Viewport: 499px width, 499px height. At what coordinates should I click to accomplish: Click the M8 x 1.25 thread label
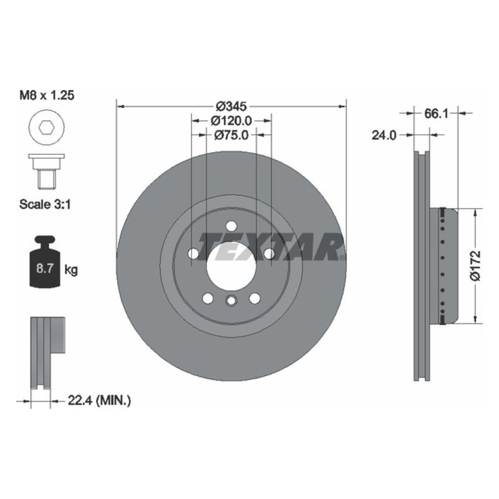(x=49, y=97)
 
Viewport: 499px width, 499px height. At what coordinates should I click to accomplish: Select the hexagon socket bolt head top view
(x=46, y=129)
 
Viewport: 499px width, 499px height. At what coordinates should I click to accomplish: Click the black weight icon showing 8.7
(x=46, y=262)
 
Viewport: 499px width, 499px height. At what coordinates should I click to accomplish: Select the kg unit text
(x=72, y=270)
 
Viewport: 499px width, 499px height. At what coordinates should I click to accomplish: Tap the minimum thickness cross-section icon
(x=46, y=352)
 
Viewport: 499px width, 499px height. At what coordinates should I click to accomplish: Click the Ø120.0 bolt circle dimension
(x=231, y=120)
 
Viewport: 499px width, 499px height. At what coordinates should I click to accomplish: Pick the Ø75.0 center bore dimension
(x=231, y=134)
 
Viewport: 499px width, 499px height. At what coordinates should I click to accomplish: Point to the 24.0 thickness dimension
(x=384, y=134)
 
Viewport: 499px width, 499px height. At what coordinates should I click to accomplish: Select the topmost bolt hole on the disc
(x=231, y=226)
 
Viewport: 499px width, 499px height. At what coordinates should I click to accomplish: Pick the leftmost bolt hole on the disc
(x=193, y=254)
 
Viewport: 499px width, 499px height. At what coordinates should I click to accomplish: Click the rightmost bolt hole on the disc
(x=269, y=254)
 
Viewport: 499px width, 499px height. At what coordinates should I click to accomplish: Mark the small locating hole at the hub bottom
(x=231, y=302)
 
